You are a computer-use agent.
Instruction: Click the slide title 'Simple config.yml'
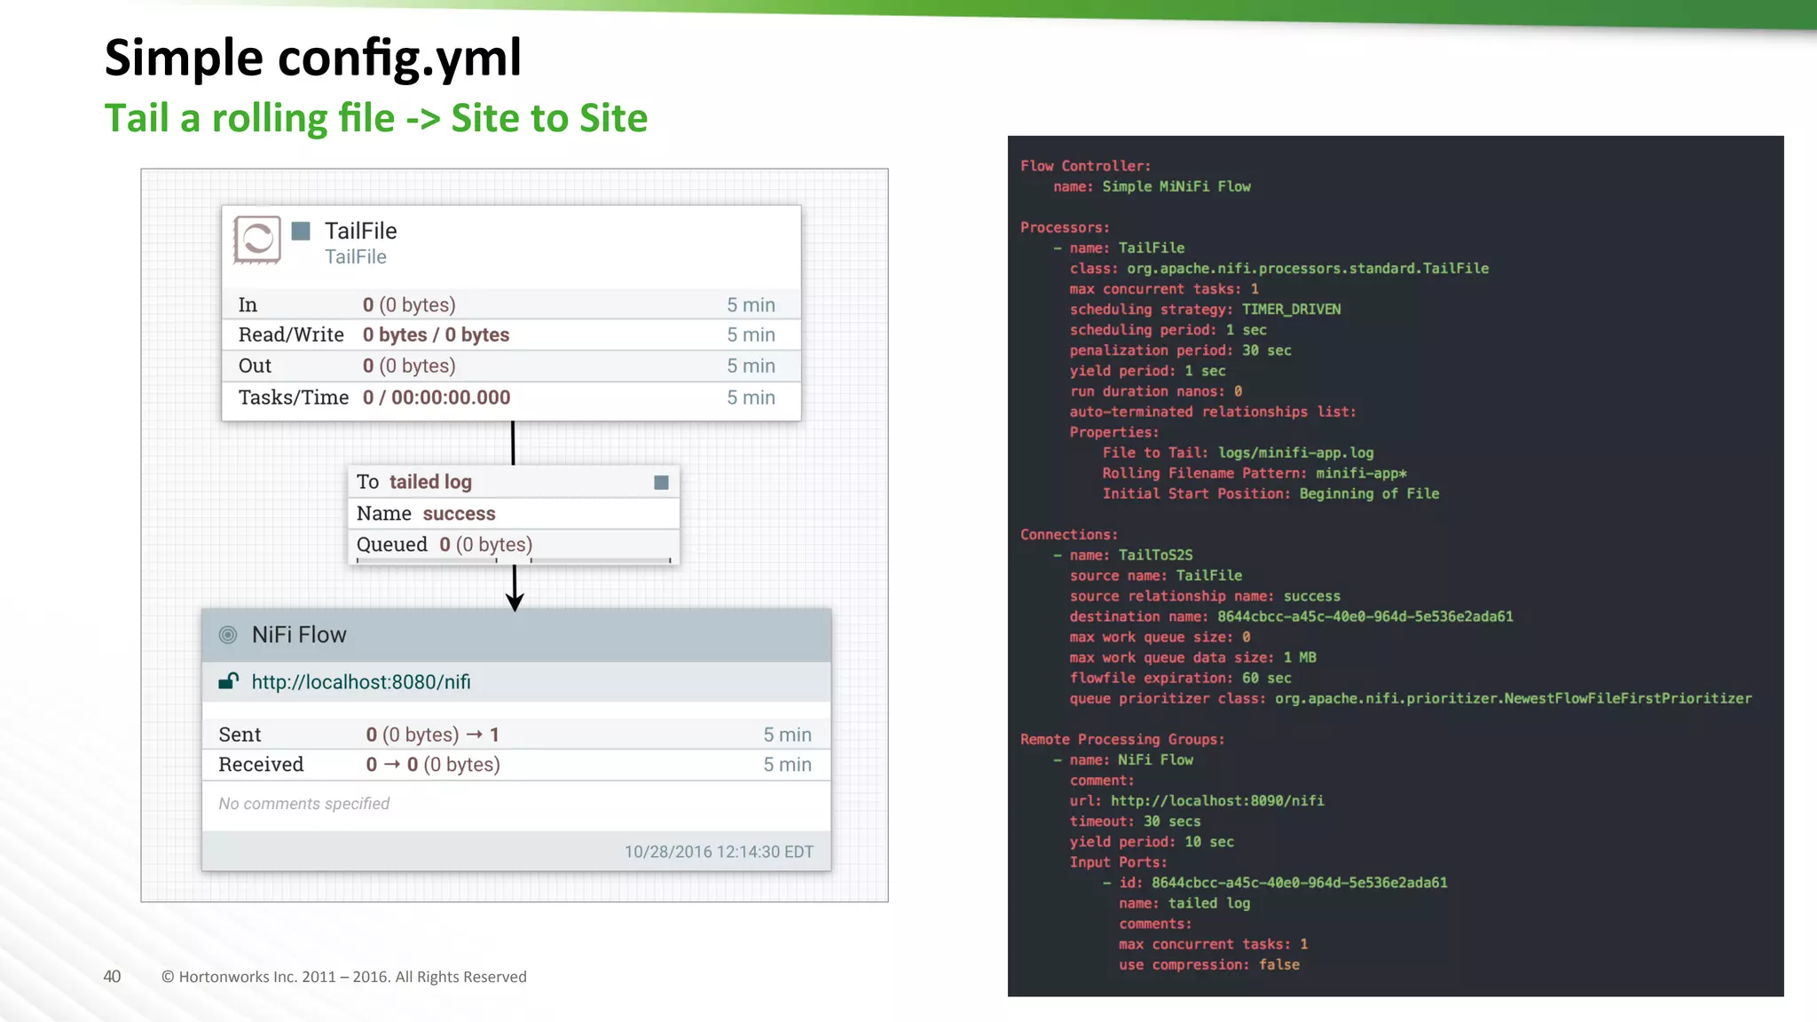pos(312,59)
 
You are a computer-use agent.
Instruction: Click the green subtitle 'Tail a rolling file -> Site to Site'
pos(376,118)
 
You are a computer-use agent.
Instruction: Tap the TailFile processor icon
pos(257,240)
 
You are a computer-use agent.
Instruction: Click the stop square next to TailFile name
pos(302,231)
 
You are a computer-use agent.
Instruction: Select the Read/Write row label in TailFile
pos(291,335)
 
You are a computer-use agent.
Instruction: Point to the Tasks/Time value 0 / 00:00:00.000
pos(437,397)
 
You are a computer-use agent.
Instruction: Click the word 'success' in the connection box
pos(459,514)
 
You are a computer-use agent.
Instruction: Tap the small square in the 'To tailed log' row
pos(661,483)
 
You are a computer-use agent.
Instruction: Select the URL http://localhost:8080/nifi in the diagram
pos(361,682)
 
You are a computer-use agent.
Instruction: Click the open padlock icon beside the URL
pos(229,681)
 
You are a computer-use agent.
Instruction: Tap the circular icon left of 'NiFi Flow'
pos(228,635)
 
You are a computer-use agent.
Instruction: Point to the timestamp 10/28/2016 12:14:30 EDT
pos(719,852)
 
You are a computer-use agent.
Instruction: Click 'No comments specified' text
pos(304,804)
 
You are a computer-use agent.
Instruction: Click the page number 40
pos(112,977)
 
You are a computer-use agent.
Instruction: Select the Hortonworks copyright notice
pos(344,977)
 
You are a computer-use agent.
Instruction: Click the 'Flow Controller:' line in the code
pos(1085,166)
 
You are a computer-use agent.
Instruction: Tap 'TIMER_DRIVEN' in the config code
pos(1291,310)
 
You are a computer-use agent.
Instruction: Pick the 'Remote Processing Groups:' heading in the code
pos(1122,739)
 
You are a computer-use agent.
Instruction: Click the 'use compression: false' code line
pos(1209,965)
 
